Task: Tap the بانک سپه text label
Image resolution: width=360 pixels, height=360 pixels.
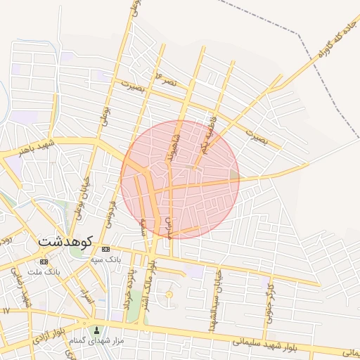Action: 106,259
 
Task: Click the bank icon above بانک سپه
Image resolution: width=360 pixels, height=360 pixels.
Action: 105,250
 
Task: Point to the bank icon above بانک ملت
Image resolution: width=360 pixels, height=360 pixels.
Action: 44,262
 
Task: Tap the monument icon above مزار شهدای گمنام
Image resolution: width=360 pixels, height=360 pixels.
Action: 97,330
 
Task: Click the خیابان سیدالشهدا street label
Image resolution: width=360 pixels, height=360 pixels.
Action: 214,299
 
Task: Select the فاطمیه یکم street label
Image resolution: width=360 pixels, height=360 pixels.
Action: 206,137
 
